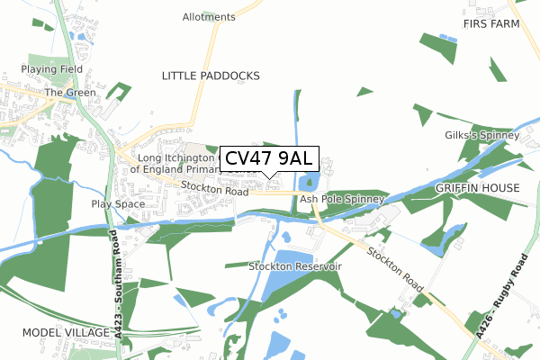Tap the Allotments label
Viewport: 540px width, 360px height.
coord(208,17)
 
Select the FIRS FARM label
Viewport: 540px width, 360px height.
coord(491,23)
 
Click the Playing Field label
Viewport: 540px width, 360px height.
coord(53,68)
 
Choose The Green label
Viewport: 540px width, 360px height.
coord(66,92)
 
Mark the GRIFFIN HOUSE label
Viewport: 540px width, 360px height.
coord(478,188)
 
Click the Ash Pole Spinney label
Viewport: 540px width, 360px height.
coord(342,199)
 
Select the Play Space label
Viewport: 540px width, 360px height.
coord(118,204)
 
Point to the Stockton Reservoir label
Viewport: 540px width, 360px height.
coord(295,267)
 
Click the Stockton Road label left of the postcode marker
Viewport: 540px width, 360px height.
coord(213,189)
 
